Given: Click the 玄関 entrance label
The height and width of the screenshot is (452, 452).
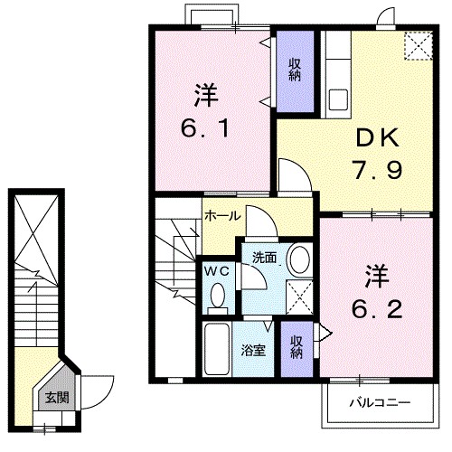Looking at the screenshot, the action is [57, 398].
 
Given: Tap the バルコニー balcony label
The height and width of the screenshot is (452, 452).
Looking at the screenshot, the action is [380, 402].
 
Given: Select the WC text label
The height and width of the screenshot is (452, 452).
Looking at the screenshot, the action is [217, 271].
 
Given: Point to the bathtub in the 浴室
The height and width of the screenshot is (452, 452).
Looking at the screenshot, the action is [217, 349].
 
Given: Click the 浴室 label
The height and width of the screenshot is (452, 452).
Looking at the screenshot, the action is [253, 350].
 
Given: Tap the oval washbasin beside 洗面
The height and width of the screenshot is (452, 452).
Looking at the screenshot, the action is [300, 259].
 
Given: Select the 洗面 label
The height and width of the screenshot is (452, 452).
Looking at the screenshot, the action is [264, 258].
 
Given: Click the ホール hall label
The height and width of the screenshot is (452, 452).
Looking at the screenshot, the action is [222, 216].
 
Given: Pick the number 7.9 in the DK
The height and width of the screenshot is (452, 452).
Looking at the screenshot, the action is [378, 170].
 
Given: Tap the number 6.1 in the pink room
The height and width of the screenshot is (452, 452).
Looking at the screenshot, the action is [205, 127].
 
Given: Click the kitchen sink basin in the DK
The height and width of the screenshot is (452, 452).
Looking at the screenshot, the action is [338, 99].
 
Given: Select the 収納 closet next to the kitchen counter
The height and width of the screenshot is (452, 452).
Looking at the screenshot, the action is [296, 71].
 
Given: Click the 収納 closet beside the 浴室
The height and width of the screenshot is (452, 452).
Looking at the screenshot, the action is [297, 349].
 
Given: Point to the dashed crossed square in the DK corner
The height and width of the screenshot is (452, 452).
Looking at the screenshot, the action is [419, 46].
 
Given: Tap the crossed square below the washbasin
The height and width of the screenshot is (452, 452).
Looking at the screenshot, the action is [299, 297].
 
